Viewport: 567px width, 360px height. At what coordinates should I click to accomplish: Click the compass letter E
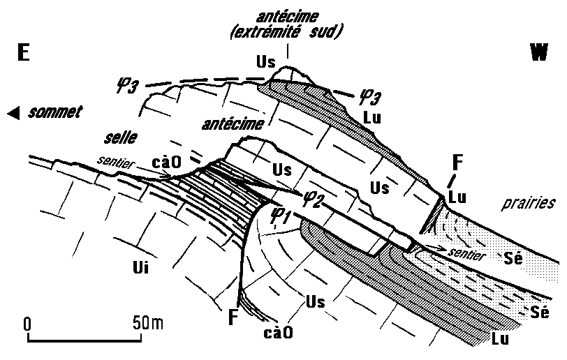(x=24, y=54)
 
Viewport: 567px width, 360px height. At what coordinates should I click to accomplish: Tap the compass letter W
(x=538, y=54)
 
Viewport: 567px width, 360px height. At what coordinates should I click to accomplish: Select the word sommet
(x=55, y=111)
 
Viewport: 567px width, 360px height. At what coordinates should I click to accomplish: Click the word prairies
(x=528, y=204)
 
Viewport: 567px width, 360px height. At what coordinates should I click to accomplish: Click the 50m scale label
(x=147, y=323)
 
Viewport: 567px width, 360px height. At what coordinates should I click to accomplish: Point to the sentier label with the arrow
(x=468, y=255)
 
